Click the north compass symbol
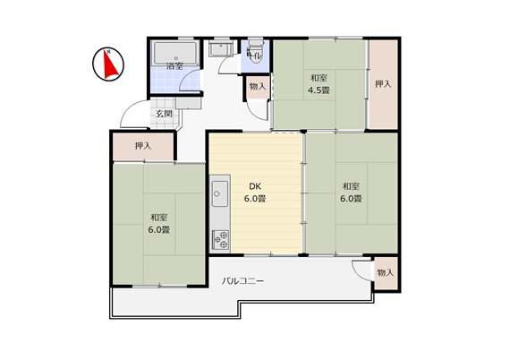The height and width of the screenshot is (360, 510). point(108,64)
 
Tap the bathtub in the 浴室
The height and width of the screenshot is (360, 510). point(175,53)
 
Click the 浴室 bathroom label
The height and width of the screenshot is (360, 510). point(174,66)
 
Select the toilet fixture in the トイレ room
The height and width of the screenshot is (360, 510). point(255,51)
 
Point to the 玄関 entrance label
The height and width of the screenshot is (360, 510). point(164,114)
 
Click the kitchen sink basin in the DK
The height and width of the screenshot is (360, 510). point(220,193)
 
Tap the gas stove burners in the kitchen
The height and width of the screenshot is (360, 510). point(220,240)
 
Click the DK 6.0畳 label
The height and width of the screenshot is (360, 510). point(255,193)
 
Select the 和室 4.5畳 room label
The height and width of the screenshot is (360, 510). point(319,84)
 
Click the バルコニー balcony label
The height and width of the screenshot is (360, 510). point(242,281)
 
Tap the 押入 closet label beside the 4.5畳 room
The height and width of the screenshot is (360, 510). point(383,84)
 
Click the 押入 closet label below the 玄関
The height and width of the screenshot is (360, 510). point(143,146)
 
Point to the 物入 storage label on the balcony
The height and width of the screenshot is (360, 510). point(386,273)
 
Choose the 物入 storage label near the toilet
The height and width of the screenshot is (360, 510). point(258,87)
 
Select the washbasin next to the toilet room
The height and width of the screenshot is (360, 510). point(220,50)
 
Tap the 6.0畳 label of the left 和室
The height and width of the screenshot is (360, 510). point(159,230)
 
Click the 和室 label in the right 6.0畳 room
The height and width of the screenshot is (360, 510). point(351,186)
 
